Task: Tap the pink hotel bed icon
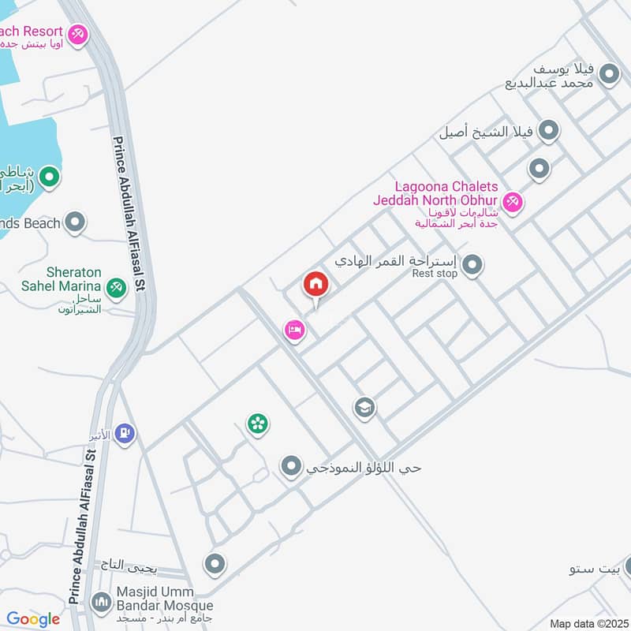[294, 330]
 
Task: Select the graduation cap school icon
[364, 408]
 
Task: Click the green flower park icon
[257, 424]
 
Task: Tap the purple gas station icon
[125, 433]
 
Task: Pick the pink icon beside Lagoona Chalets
[513, 203]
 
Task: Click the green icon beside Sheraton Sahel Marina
[117, 289]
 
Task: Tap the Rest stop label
[435, 274]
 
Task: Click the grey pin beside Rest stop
[472, 265]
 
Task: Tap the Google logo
[33, 619]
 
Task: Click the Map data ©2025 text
[587, 623]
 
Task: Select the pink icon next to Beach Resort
[78, 35]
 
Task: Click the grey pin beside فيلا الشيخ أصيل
[549, 131]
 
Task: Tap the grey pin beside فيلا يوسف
[609, 74]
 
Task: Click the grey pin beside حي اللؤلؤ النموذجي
[292, 467]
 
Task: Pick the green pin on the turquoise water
[49, 177]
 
